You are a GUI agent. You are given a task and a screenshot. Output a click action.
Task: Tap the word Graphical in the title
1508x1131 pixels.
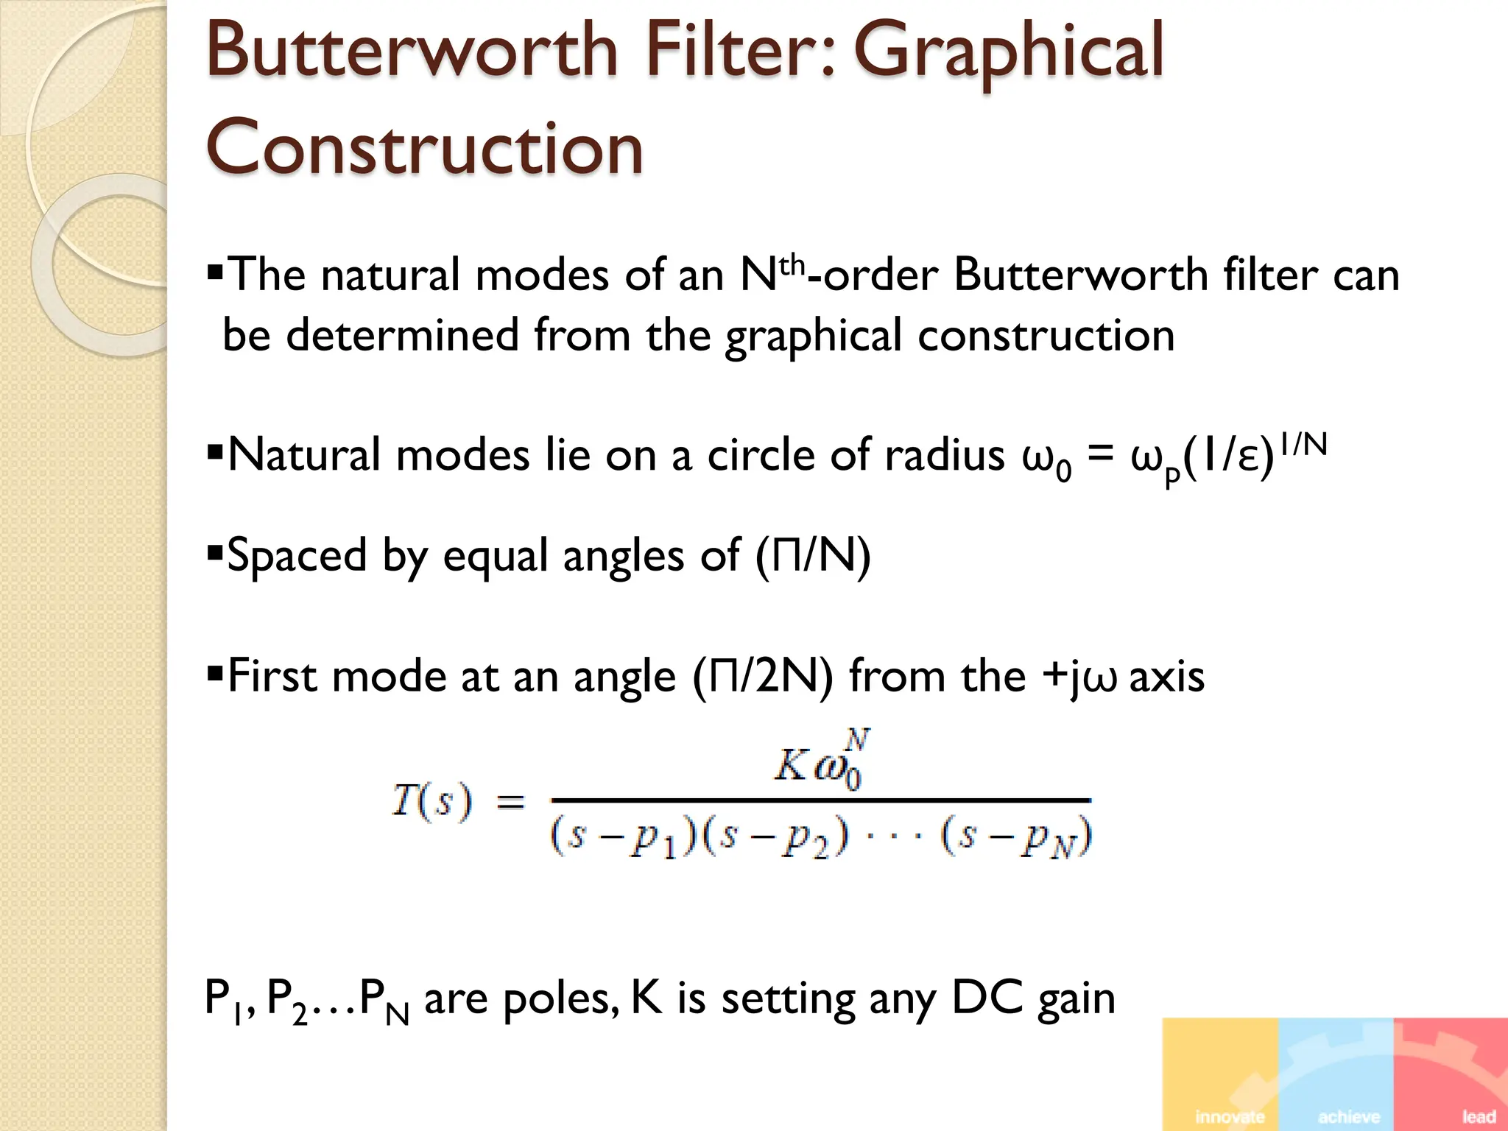(1008, 53)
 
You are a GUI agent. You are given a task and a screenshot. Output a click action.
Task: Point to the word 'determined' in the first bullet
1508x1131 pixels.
(401, 335)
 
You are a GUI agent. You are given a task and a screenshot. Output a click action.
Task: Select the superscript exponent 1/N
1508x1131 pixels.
(1303, 445)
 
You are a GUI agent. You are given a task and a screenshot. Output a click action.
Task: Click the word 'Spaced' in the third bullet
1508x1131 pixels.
(296, 556)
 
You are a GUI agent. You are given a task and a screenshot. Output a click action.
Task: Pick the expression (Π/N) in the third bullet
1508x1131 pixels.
(812, 556)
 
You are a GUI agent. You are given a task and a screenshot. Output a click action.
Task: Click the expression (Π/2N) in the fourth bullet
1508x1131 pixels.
(762, 676)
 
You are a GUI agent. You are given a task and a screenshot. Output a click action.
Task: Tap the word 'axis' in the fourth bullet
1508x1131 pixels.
(1166, 676)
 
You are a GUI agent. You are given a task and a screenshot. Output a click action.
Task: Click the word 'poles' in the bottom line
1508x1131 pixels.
(560, 999)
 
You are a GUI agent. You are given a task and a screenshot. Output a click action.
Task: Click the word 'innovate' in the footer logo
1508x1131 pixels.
(1229, 1116)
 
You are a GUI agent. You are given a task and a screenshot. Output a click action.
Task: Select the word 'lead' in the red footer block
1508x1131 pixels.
(1478, 1116)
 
